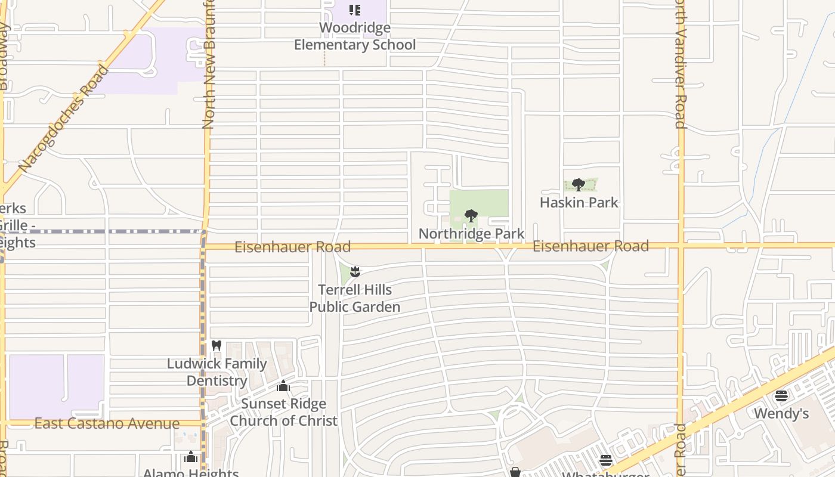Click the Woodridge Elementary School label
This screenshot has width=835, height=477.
click(355, 36)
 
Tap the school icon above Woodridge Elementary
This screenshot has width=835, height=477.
click(355, 10)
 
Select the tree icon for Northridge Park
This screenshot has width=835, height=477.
click(471, 215)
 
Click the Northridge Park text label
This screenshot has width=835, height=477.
click(471, 234)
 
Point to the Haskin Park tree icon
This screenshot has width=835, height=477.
click(578, 184)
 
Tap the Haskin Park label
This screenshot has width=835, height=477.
click(579, 203)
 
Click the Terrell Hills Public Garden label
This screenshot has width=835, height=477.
click(355, 298)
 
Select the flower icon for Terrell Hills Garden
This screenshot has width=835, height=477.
click(355, 272)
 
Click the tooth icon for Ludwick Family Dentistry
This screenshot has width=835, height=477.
click(217, 345)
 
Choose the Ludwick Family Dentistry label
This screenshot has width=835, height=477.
click(217, 372)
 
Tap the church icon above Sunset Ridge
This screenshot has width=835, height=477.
click(283, 386)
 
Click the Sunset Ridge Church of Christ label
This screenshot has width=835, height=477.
click(283, 412)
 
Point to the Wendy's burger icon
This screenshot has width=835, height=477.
click(781, 395)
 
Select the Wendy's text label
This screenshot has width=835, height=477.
click(781, 413)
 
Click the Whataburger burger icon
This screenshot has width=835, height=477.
click(606, 460)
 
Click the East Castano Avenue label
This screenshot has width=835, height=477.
click(107, 424)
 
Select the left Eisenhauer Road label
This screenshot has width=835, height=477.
click(292, 247)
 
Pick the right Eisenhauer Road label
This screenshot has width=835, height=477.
click(590, 246)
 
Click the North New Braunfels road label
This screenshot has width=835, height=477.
click(208, 66)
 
